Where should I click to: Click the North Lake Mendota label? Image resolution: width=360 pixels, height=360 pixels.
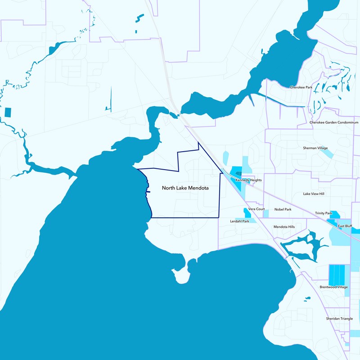(x=185, y=188)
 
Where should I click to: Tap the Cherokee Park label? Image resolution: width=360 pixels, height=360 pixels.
(x=301, y=87)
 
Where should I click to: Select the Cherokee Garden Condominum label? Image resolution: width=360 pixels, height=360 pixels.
(x=334, y=122)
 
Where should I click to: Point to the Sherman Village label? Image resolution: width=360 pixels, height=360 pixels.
(x=315, y=148)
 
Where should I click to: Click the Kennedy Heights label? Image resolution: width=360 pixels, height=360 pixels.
(x=248, y=180)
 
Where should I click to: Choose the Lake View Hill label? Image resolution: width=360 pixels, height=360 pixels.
(x=314, y=193)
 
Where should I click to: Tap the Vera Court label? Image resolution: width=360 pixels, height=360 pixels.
(x=256, y=209)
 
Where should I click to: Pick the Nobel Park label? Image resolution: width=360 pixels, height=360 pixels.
(x=283, y=209)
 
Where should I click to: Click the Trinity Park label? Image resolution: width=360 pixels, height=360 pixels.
(x=323, y=213)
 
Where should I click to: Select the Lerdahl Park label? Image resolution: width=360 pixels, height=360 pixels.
(x=239, y=221)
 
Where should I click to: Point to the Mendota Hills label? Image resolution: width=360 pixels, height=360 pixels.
(x=284, y=227)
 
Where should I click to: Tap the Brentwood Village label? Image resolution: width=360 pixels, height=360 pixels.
(x=333, y=287)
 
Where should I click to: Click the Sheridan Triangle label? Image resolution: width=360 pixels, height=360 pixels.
(x=339, y=319)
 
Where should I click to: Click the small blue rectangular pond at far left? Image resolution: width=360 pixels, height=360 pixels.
(x=8, y=112)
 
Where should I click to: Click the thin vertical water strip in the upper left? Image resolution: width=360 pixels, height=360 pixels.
(x=110, y=98)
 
